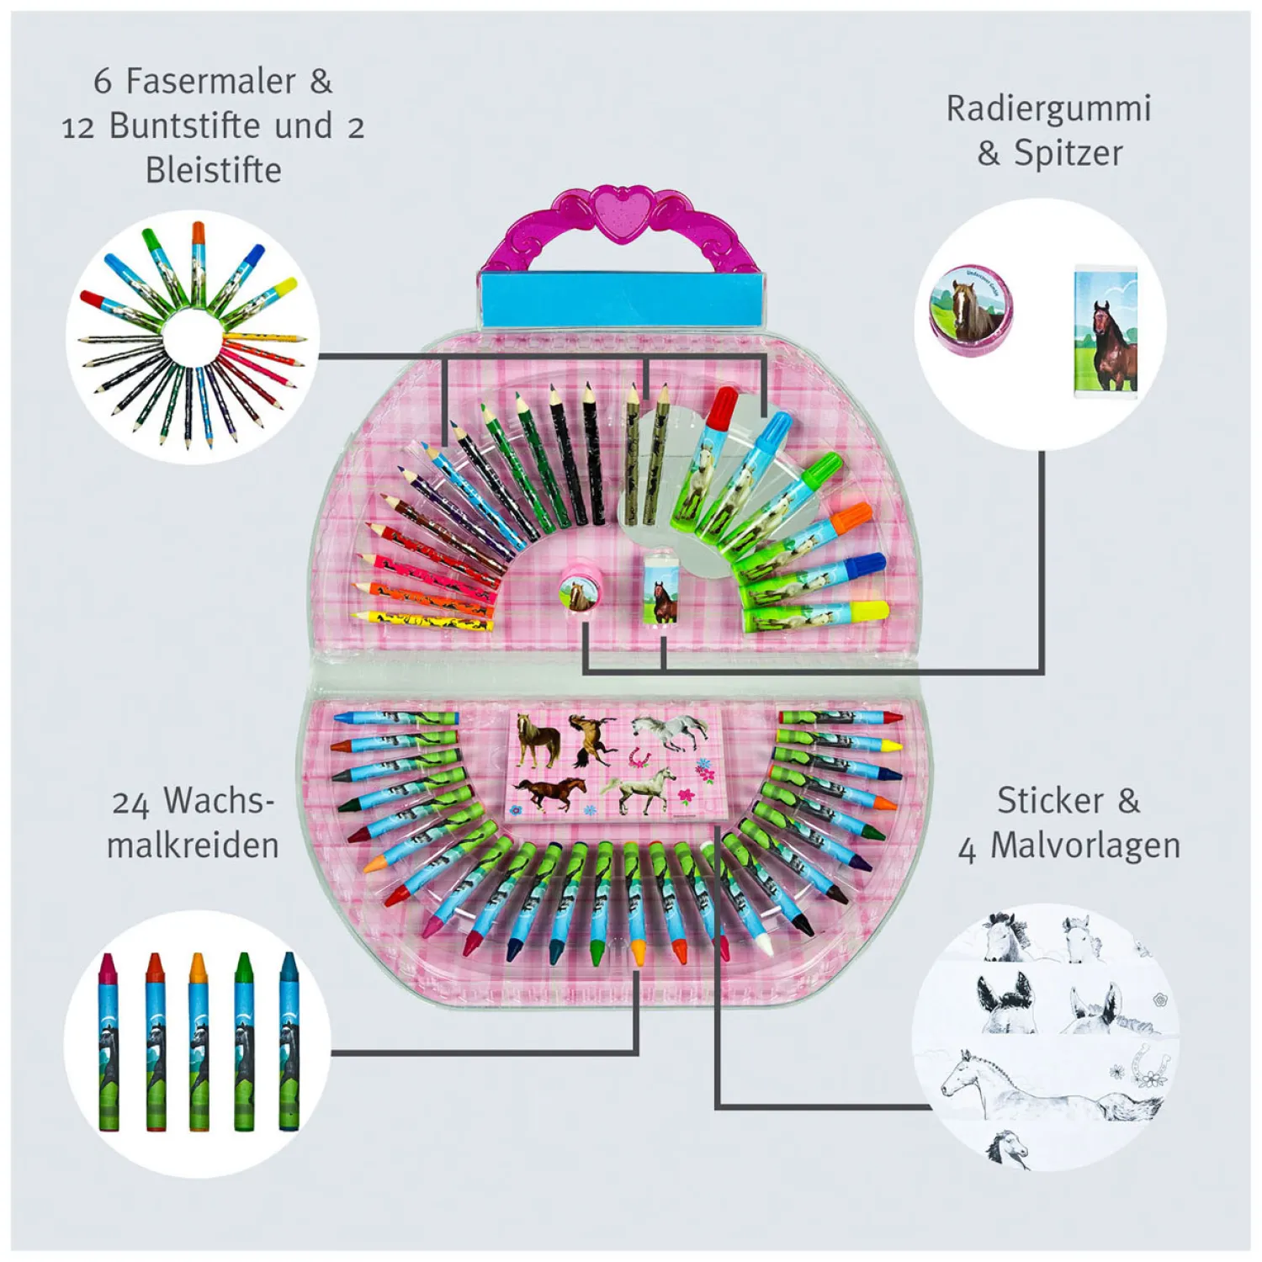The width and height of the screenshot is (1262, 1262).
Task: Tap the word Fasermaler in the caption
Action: pyautogui.click(x=211, y=82)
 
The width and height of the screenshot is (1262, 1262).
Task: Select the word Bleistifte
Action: pyautogui.click(x=214, y=171)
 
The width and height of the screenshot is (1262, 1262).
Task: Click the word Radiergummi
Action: pyautogui.click(x=1048, y=109)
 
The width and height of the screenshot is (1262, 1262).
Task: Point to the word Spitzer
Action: pyautogui.click(x=1068, y=154)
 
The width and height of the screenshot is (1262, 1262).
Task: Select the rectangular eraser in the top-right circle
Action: pyautogui.click(x=1106, y=330)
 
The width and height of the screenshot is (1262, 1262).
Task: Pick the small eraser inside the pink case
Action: pyautogui.click(x=661, y=593)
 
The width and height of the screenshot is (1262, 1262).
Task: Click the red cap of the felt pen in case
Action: pyautogui.click(x=722, y=406)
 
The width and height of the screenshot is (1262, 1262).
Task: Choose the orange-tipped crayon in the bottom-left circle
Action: pyautogui.click(x=198, y=968)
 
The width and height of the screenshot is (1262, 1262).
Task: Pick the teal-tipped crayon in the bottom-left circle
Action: pyautogui.click(x=289, y=968)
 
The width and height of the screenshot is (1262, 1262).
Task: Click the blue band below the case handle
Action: pyautogui.click(x=621, y=300)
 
